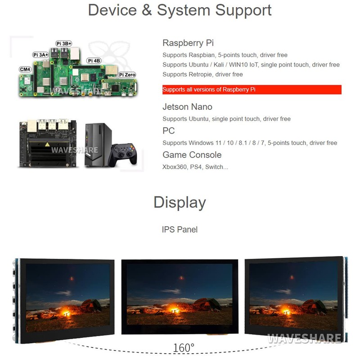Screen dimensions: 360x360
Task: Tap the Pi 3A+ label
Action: click(40, 54)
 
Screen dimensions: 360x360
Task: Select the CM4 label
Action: click(25, 69)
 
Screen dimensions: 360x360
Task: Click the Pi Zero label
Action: click(127, 75)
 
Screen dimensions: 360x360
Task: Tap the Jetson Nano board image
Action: click(44, 144)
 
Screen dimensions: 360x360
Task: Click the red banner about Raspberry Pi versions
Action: click(252, 90)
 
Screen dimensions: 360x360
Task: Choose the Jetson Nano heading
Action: click(187, 107)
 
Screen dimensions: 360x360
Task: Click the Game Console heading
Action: click(192, 155)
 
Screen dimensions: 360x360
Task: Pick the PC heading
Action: click(168, 131)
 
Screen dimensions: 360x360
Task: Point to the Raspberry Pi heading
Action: click(188, 43)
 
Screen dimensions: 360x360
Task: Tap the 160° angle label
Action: click(184, 348)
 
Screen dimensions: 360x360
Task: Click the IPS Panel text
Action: click(180, 229)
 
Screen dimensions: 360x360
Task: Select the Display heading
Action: click(180, 202)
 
